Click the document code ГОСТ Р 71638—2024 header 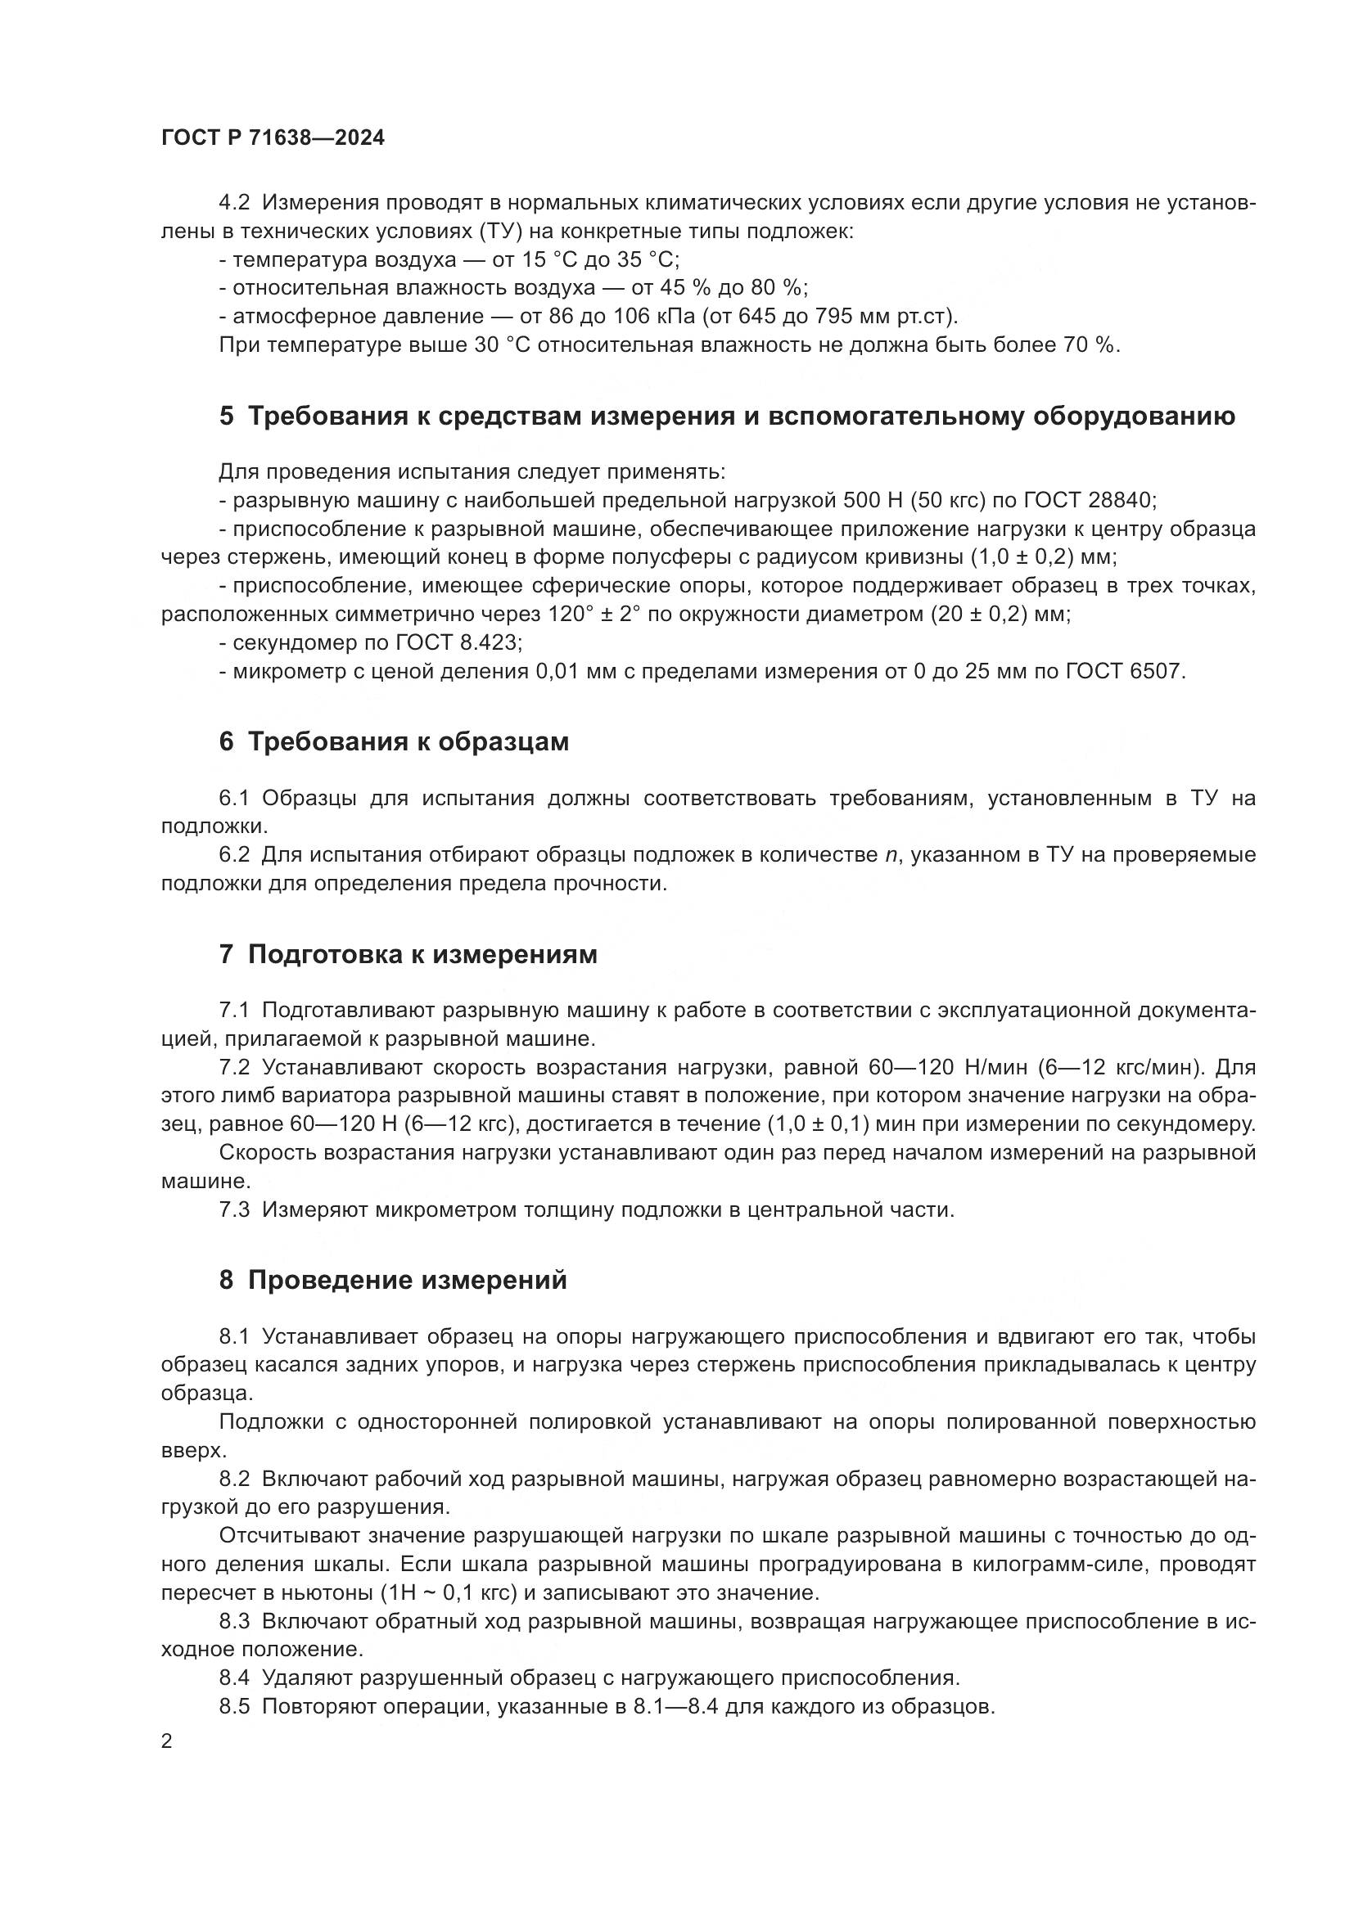pos(273,138)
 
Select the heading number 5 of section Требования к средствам pos(226,417)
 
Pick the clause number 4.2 pos(234,203)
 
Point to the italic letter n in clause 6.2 pos(891,855)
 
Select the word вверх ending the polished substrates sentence pos(192,1451)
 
